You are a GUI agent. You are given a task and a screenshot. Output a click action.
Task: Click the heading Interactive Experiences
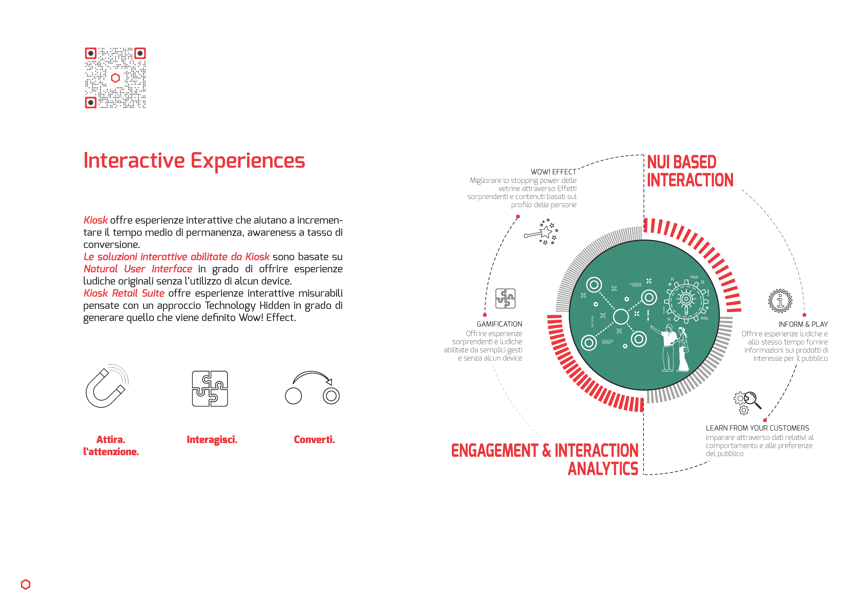click(x=194, y=161)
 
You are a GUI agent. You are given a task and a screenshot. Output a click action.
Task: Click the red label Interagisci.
click(x=212, y=440)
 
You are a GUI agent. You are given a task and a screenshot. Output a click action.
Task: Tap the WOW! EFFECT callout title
click(x=553, y=172)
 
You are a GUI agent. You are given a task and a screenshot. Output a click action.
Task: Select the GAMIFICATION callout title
click(x=499, y=324)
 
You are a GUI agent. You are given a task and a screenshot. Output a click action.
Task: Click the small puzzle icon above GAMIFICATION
click(x=505, y=299)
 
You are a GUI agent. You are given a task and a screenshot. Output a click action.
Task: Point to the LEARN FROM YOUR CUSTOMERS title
click(x=757, y=428)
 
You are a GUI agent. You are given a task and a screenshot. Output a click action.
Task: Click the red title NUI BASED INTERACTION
click(x=690, y=171)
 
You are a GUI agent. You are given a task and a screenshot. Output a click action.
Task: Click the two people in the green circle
click(x=672, y=348)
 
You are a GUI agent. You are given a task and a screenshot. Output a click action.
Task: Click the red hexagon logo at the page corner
click(x=26, y=584)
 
